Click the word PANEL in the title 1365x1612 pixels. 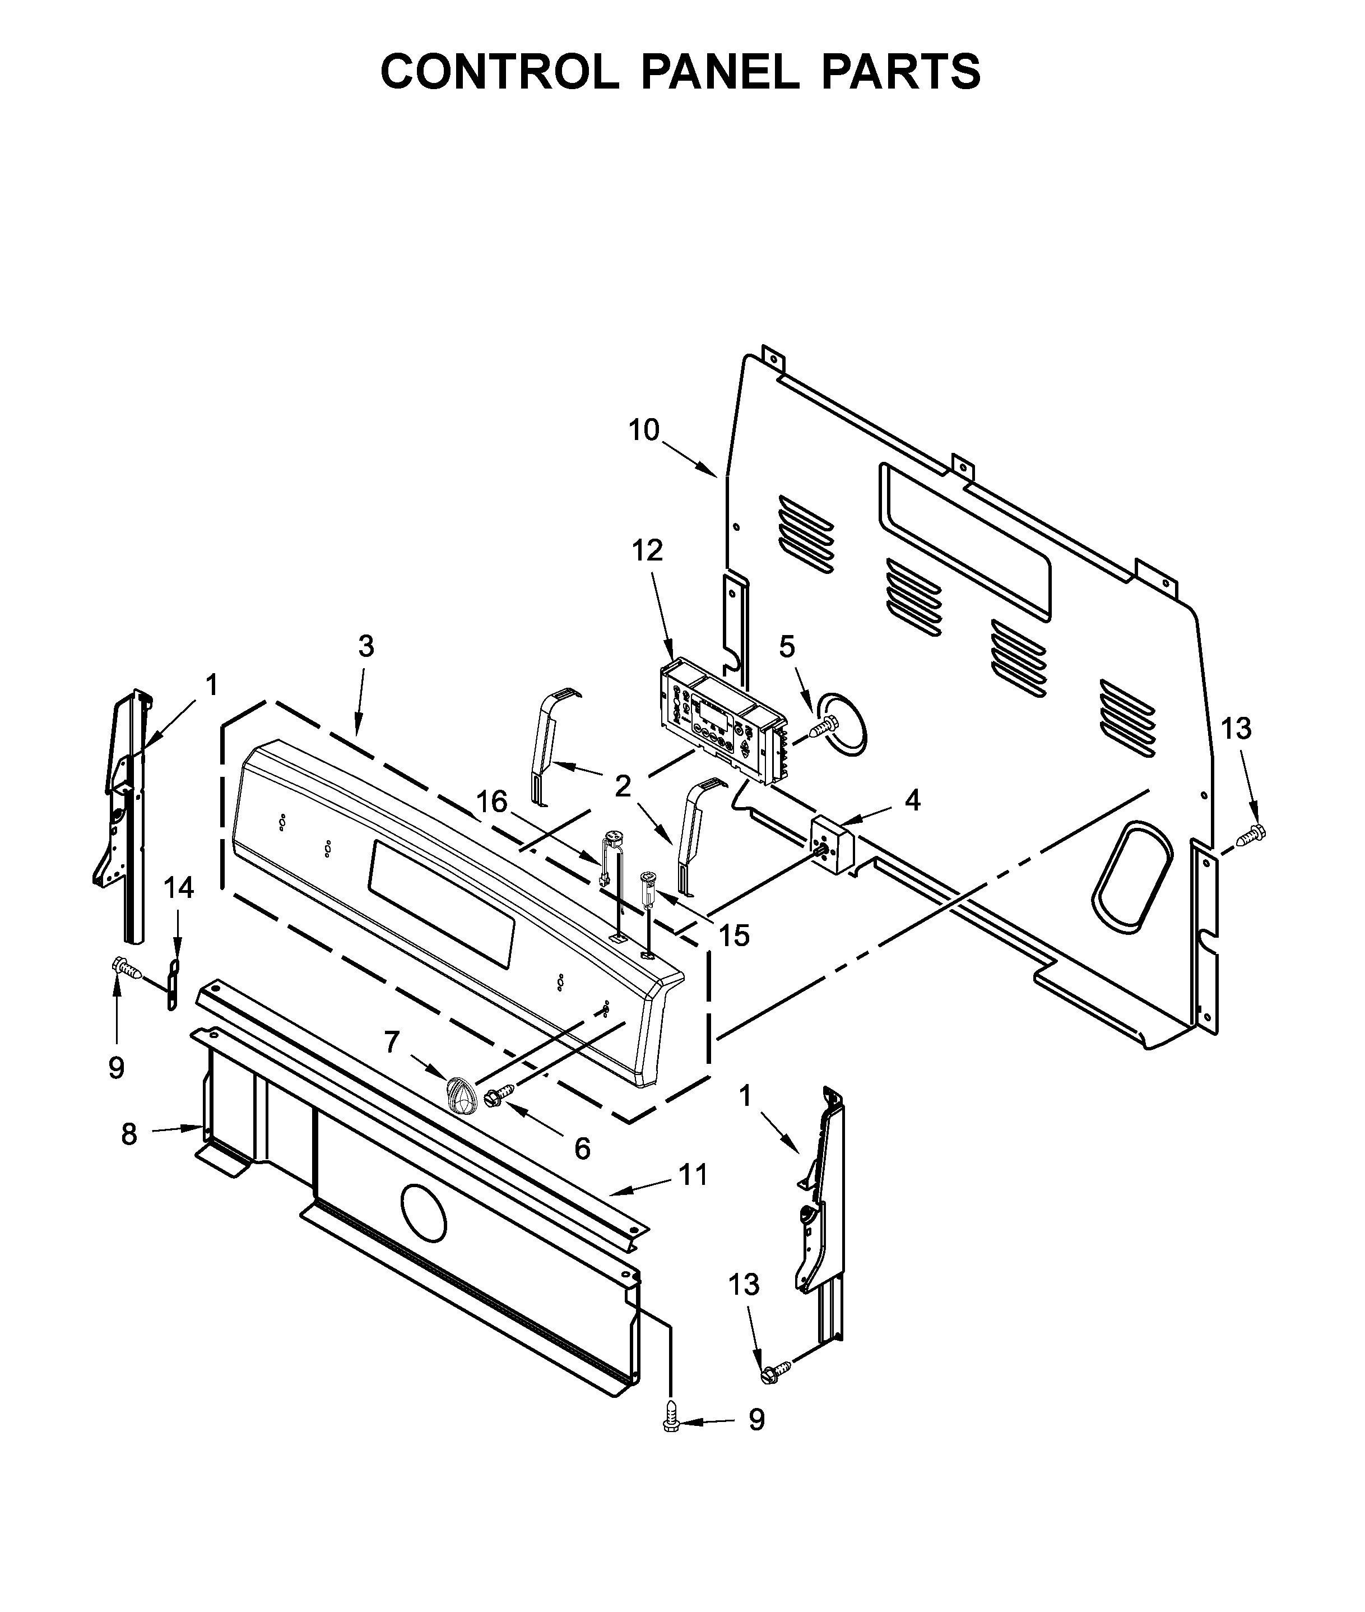[x=719, y=72]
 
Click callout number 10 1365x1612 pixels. [x=643, y=430]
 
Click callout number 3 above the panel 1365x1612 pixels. [x=366, y=646]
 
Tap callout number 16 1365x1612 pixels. [x=492, y=802]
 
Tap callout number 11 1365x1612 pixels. [x=693, y=1175]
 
